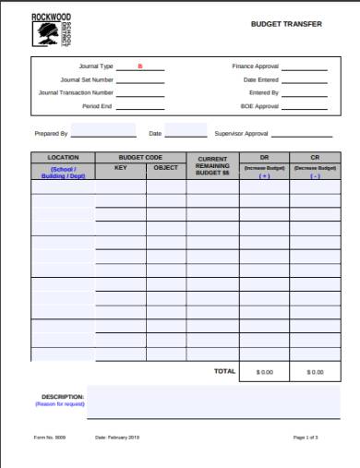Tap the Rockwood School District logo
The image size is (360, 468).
[46, 32]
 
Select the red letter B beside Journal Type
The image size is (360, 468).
[140, 66]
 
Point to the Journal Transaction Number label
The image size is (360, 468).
[77, 92]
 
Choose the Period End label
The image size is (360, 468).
[99, 106]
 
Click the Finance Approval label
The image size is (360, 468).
[256, 66]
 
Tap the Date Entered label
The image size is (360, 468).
[261, 79]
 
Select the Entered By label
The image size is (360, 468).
[264, 92]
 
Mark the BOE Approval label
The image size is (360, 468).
[259, 106]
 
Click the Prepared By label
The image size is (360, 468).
[51, 134]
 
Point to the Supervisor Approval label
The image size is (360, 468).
[242, 134]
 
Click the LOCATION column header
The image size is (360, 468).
[63, 158]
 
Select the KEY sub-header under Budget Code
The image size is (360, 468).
[120, 168]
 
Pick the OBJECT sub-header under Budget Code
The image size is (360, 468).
[166, 168]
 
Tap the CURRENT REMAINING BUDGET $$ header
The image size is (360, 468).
[212, 166]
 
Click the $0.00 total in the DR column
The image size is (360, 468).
[265, 372]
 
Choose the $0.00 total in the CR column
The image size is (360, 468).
[315, 372]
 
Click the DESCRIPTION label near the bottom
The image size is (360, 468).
[63, 397]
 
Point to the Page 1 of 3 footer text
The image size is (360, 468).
[306, 437]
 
